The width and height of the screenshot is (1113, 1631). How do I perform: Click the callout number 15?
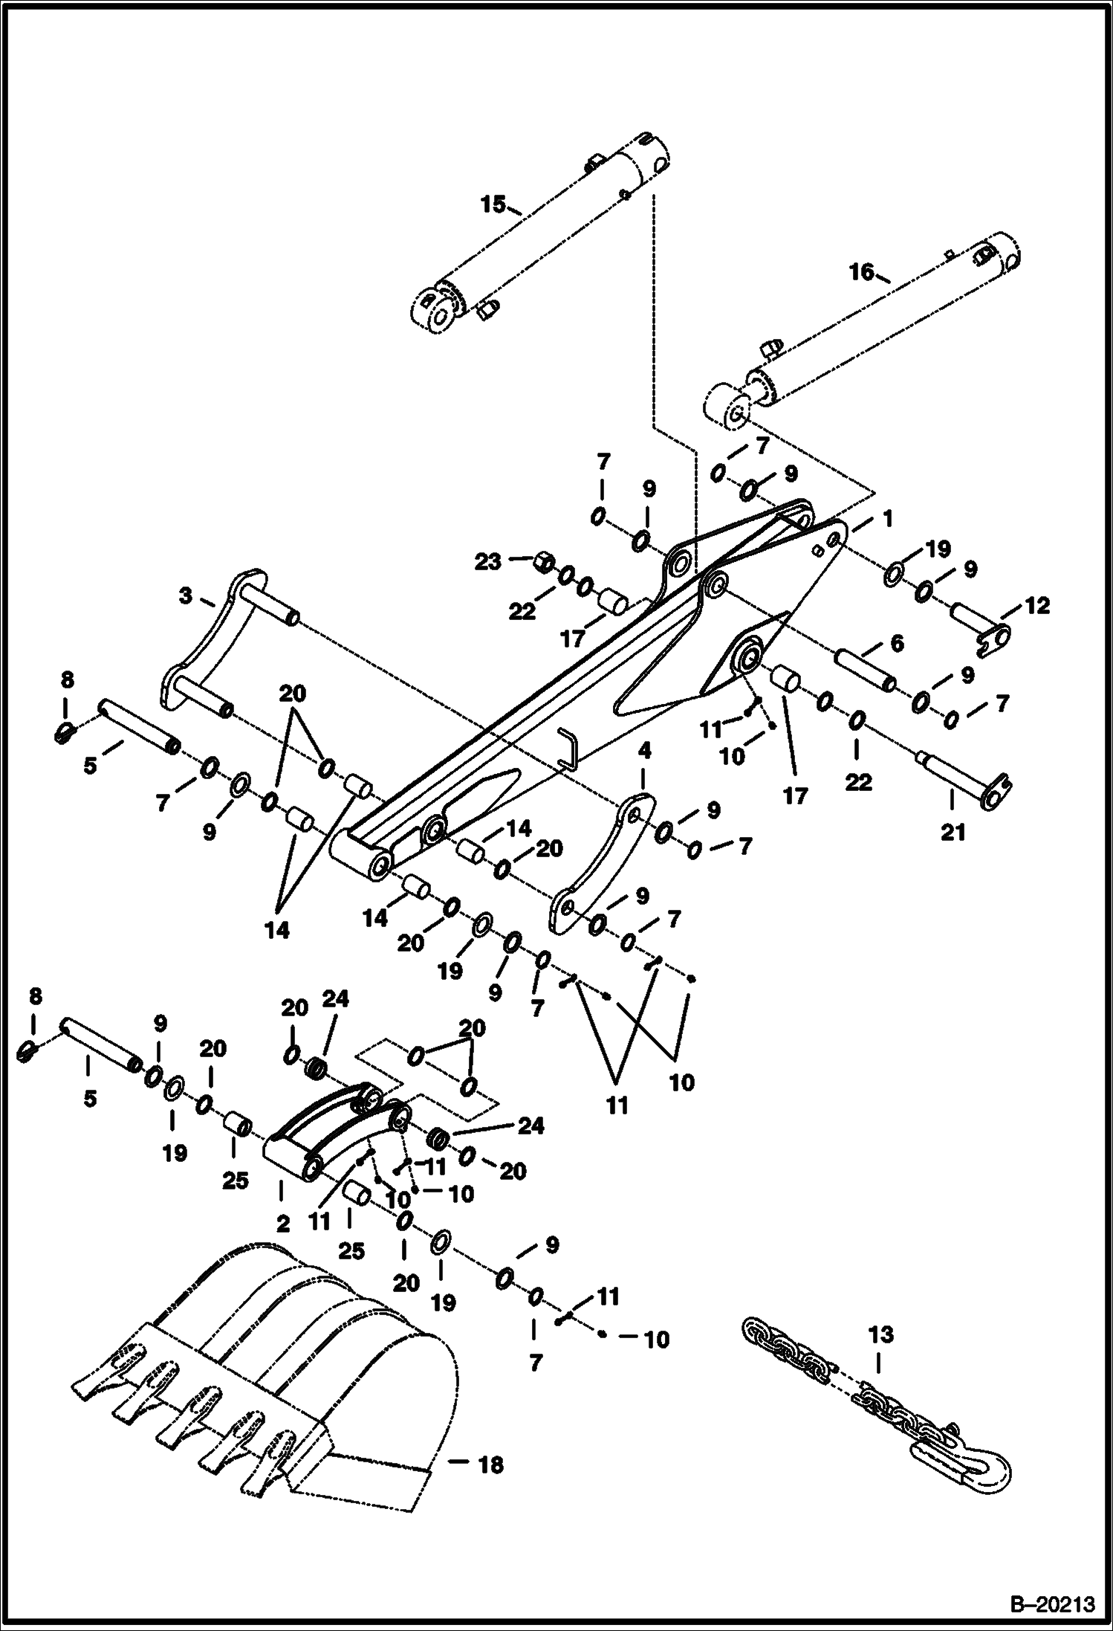493,204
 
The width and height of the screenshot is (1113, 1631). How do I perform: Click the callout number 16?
862,272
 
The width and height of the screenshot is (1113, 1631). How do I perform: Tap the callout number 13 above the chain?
880,1334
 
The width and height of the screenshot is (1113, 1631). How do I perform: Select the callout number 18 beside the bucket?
490,1464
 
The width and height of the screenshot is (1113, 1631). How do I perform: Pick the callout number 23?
488,562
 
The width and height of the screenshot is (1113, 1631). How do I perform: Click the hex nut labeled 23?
544,561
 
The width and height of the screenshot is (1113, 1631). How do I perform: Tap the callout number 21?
953,832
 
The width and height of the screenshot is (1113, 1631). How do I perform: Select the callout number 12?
1037,606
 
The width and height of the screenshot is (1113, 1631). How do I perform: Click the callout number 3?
185,595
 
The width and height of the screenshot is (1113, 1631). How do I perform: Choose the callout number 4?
643,752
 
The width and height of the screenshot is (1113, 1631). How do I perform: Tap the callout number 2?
282,1224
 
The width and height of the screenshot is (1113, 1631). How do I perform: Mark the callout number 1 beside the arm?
886,517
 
